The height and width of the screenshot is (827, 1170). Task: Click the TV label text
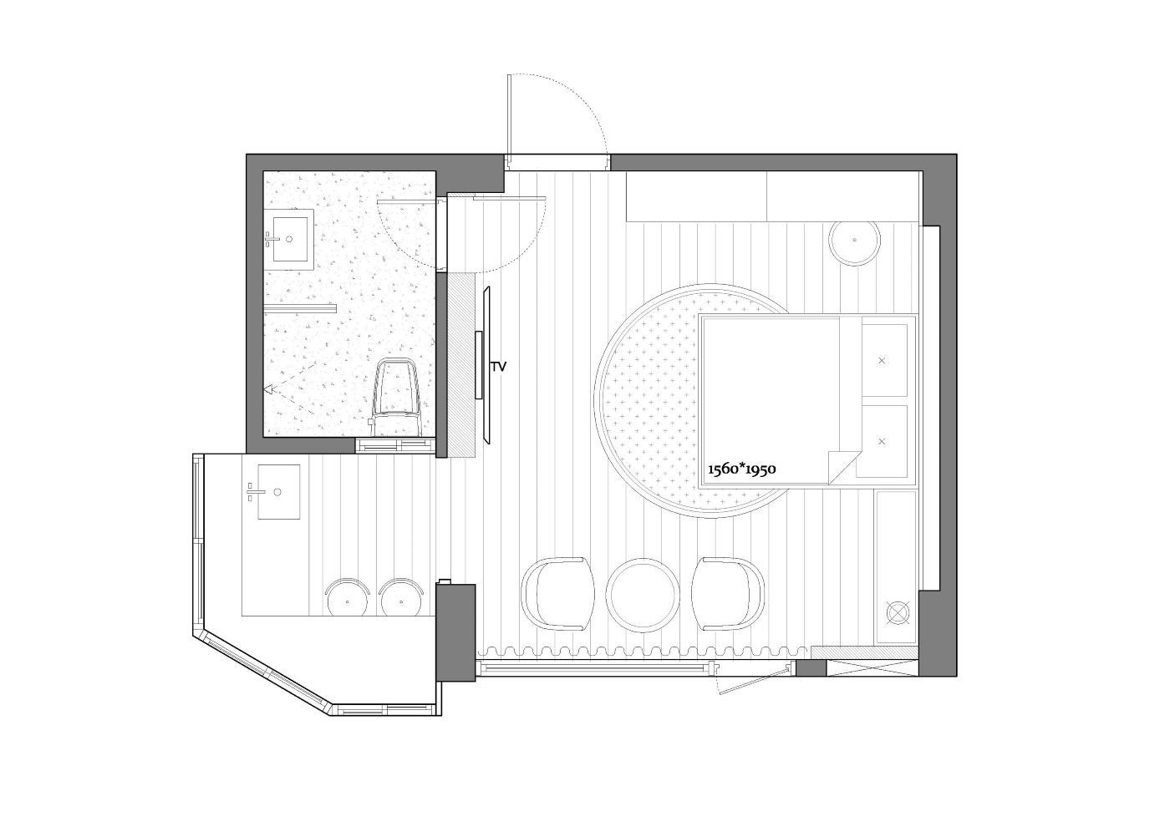499,367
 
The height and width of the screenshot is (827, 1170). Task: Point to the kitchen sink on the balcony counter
279,492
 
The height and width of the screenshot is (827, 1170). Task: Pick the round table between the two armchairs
643,595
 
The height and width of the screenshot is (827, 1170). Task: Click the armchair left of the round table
558,594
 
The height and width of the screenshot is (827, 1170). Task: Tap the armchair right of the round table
728,594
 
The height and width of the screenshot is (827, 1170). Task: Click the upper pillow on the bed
884,360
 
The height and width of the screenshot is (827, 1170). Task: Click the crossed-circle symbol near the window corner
898,613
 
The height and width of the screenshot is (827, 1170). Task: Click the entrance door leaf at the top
509,115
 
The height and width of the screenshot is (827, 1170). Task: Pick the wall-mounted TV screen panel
488,365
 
